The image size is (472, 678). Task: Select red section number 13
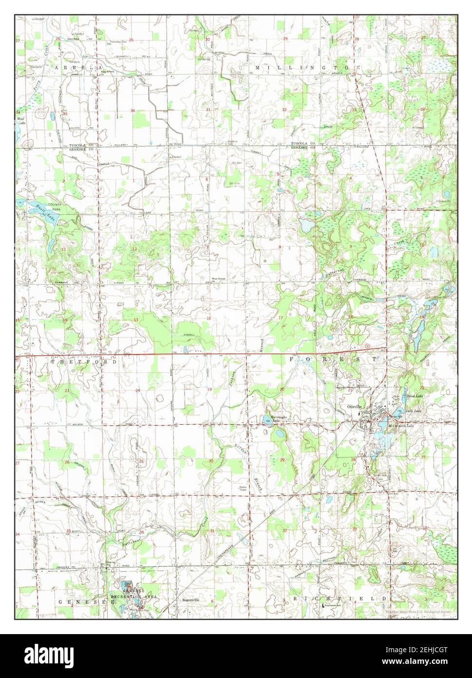point(136,320)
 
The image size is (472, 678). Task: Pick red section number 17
point(280,318)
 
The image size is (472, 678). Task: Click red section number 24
point(138,391)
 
